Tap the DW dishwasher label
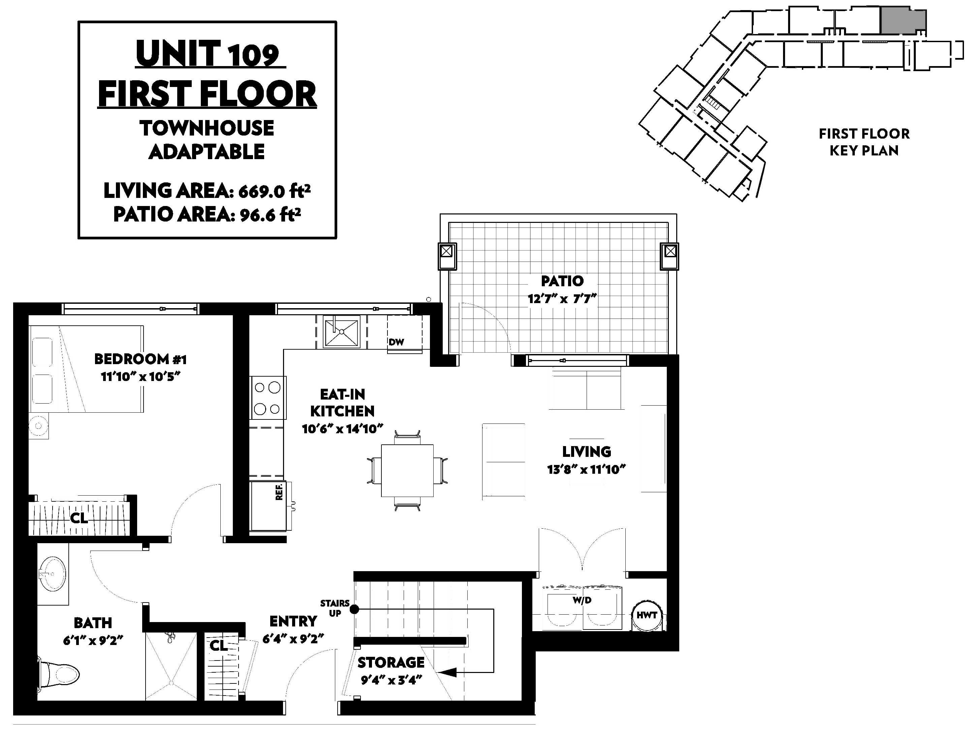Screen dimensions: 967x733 [x=396, y=342]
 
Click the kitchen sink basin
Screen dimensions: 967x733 [x=341, y=332]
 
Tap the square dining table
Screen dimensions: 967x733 [x=407, y=471]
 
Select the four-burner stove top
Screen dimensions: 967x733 [x=268, y=398]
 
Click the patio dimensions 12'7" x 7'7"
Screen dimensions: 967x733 [x=562, y=299]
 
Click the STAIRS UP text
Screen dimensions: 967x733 [x=335, y=608]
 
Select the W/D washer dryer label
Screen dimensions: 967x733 [x=582, y=600]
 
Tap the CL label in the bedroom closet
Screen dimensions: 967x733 [x=79, y=518]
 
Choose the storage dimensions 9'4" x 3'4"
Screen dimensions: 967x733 [x=391, y=680]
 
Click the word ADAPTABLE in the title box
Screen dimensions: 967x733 [x=207, y=152]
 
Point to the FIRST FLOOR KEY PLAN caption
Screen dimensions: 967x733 [x=864, y=142]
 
